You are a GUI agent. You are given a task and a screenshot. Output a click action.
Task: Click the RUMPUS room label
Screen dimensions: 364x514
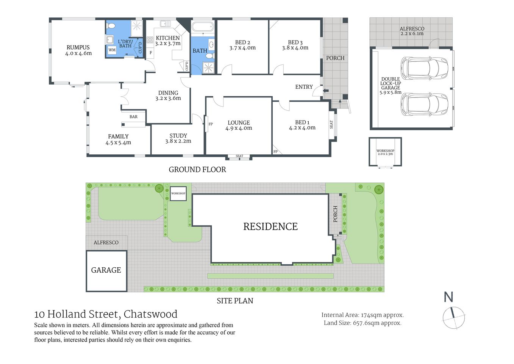coord(78,47)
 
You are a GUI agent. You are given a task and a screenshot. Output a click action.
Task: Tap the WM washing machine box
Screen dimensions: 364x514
coord(112,50)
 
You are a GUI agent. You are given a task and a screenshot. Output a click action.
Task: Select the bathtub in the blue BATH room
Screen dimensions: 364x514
coord(203,27)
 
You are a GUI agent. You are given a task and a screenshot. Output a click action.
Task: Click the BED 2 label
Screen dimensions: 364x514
coord(242,42)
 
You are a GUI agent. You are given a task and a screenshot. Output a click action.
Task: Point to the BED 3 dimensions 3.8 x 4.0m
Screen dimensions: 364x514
coord(295,48)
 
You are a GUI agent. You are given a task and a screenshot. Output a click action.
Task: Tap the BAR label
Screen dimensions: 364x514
coord(133,117)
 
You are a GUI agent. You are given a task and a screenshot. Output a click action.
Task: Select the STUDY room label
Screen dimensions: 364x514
coord(178,136)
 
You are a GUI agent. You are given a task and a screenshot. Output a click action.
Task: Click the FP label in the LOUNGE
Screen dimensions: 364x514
coord(211,124)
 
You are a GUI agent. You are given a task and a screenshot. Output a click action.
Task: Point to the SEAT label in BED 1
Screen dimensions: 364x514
coord(332,124)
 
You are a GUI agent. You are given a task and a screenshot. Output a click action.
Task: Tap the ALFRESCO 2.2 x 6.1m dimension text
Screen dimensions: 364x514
coord(412,34)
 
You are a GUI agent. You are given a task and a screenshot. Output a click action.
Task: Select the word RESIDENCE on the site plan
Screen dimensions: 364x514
coord(270,227)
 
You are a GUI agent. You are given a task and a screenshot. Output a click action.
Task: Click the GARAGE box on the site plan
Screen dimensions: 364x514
coord(106,270)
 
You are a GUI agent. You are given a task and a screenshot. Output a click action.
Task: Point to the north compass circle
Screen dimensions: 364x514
coord(453,317)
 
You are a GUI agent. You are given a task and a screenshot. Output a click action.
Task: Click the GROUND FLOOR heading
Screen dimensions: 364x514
coord(197,170)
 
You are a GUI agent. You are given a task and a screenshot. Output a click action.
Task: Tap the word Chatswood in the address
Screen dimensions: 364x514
coord(150,314)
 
